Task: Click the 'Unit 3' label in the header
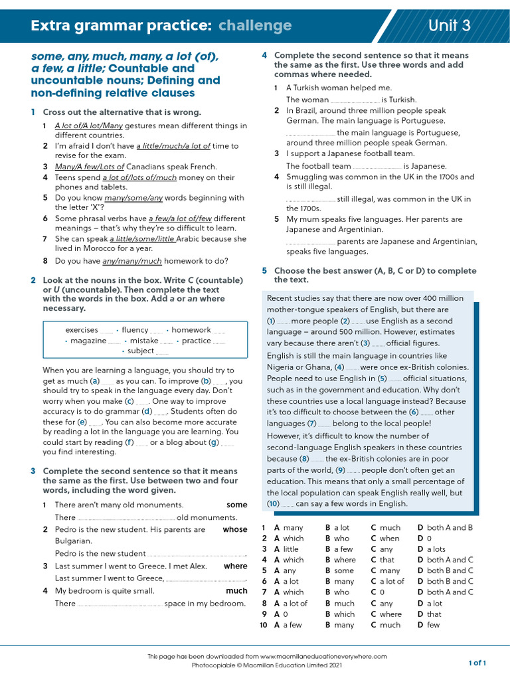[x=450, y=25]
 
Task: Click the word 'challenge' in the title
[x=255, y=25]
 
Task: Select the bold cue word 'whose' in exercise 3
[x=234, y=529]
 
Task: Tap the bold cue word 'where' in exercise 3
[x=235, y=566]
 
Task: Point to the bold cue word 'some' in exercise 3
[x=236, y=505]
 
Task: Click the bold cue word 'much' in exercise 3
[x=236, y=590]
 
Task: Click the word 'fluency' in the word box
[x=135, y=330]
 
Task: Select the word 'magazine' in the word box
[x=88, y=341]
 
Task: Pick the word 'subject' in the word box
[x=141, y=351]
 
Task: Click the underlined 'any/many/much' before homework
[x=133, y=260]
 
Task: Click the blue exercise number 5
[x=264, y=271]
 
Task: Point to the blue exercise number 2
[x=33, y=281]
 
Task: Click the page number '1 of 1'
[x=477, y=663]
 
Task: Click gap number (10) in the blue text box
[x=274, y=504]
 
